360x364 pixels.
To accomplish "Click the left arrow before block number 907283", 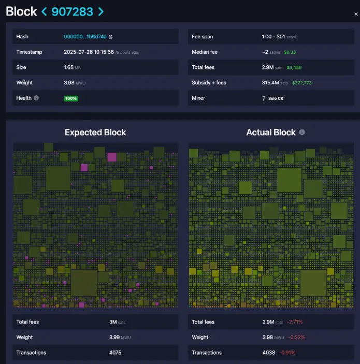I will click(44, 11).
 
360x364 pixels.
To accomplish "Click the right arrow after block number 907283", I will click(100, 11).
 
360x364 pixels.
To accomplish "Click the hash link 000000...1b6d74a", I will click(85, 37).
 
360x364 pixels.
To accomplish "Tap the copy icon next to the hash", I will click(110, 37).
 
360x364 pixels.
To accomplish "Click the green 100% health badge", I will click(71, 98).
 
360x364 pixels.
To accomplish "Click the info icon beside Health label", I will click(36, 98).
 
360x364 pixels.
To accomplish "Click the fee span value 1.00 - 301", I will click(279, 37).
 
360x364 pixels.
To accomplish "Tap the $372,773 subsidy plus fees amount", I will click(302, 83).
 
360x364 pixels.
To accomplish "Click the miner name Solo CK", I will click(276, 98).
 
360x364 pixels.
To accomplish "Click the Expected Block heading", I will click(95, 133).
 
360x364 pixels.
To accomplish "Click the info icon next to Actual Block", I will click(302, 133).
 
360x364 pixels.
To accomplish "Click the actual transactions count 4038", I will click(268, 353).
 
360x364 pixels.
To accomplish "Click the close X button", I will click(356, 14).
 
